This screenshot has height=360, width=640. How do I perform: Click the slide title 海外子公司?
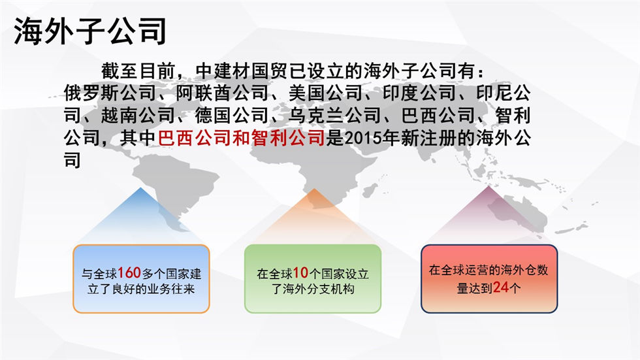[x=90, y=31]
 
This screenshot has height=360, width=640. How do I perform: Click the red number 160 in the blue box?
[x=129, y=272]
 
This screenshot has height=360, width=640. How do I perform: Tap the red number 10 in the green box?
[x=300, y=272]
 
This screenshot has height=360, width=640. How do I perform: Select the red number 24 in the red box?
[x=501, y=287]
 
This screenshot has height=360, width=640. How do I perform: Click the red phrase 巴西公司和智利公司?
[x=241, y=138]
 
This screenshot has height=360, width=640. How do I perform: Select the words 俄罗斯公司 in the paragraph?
[x=110, y=93]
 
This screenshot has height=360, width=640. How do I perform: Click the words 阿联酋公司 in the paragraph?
[x=223, y=93]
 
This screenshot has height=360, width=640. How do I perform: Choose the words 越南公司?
[x=138, y=116]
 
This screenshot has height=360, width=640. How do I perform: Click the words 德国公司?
[x=232, y=116]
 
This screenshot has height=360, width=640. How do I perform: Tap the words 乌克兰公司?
[x=334, y=116]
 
